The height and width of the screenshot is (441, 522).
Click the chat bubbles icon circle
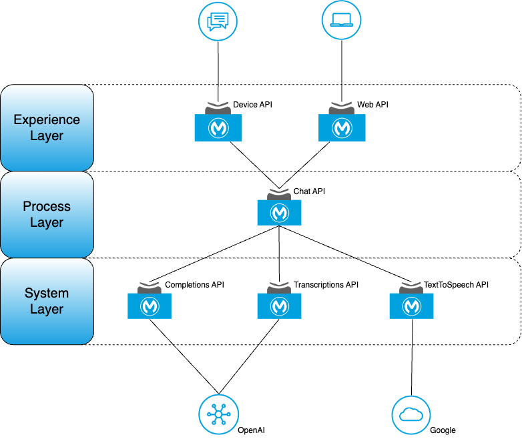218,21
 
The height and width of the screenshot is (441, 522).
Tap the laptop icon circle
341,20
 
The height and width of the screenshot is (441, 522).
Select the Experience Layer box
47,128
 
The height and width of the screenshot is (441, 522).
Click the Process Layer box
47,214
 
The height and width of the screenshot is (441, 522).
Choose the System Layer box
47,301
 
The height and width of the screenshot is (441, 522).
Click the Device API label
252,105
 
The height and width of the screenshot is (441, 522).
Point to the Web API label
372,105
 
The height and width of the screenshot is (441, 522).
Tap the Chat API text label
309,191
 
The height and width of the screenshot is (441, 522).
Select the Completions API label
194,285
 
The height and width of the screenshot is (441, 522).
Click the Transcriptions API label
326,285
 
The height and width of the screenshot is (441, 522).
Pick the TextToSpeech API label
456,285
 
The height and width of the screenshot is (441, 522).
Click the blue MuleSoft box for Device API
218,128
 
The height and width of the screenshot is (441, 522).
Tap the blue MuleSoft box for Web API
342,128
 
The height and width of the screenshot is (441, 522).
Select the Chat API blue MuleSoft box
279,213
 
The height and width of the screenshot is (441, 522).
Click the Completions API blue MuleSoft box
150,306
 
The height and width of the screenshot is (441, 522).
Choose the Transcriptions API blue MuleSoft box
279,306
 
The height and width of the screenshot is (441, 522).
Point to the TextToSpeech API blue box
411,306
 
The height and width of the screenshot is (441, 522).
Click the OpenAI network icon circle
218,414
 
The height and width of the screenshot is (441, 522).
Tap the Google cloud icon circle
411,415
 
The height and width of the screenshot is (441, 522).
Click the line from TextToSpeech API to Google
412,358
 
